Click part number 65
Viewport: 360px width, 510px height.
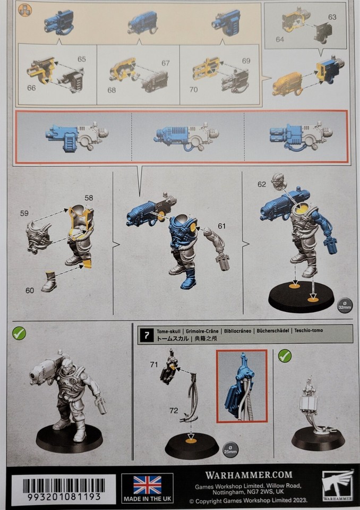(x=81, y=59)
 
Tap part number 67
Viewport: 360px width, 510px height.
(x=165, y=63)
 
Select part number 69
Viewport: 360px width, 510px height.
(x=246, y=61)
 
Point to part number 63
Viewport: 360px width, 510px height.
(x=332, y=17)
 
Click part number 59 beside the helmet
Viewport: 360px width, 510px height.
(x=24, y=214)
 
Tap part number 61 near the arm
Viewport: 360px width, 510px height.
(x=221, y=226)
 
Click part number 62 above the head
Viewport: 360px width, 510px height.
(x=261, y=184)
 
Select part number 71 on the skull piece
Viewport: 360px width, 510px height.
(x=154, y=364)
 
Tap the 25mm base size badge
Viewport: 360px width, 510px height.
(x=230, y=449)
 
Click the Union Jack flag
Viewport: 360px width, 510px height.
(x=147, y=484)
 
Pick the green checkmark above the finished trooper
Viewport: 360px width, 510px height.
(x=19, y=334)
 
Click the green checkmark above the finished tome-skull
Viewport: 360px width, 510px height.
(x=285, y=355)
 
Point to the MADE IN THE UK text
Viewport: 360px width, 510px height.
(x=147, y=499)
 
